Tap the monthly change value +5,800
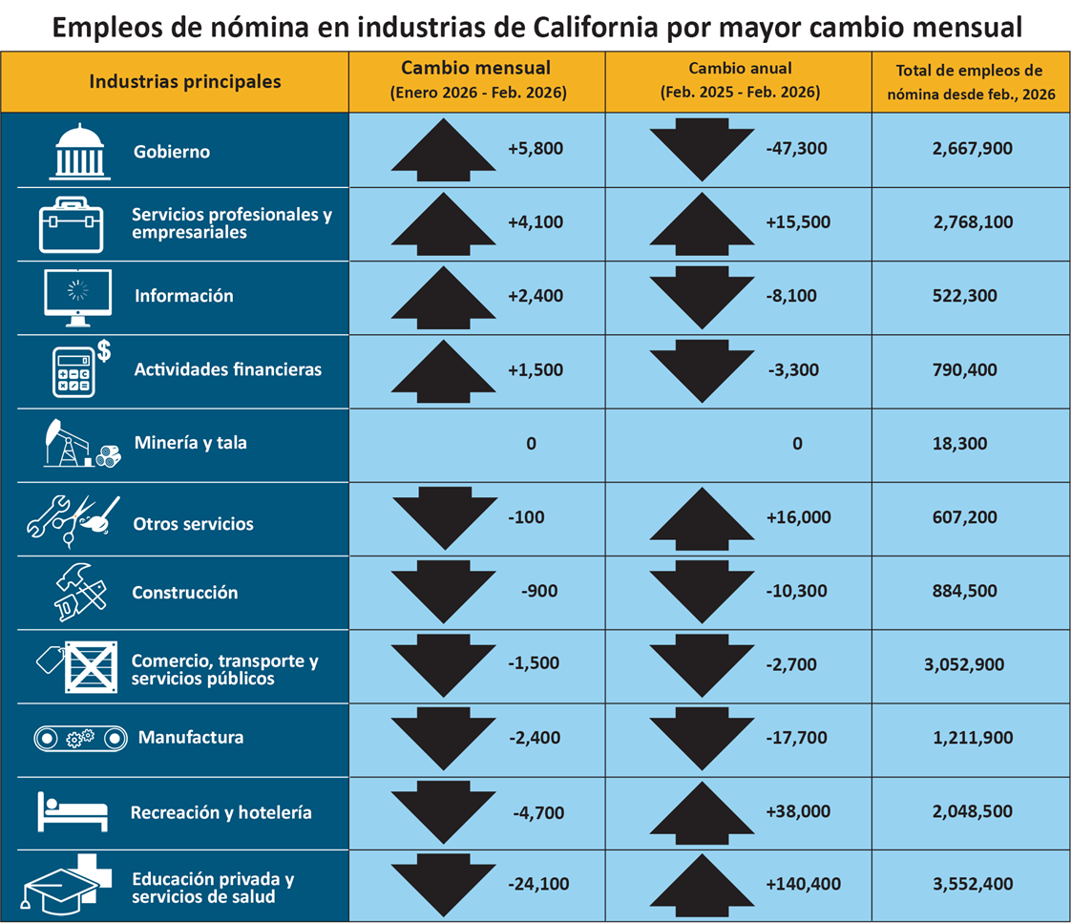(x=535, y=149)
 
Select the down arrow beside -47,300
(x=701, y=149)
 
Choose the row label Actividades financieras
(x=227, y=369)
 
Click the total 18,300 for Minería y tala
(x=960, y=443)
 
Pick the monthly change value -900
(x=540, y=592)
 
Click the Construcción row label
(x=184, y=592)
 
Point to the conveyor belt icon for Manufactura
(x=80, y=738)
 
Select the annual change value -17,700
(x=795, y=738)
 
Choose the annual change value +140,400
(x=803, y=884)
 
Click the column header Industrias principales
(x=184, y=81)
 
